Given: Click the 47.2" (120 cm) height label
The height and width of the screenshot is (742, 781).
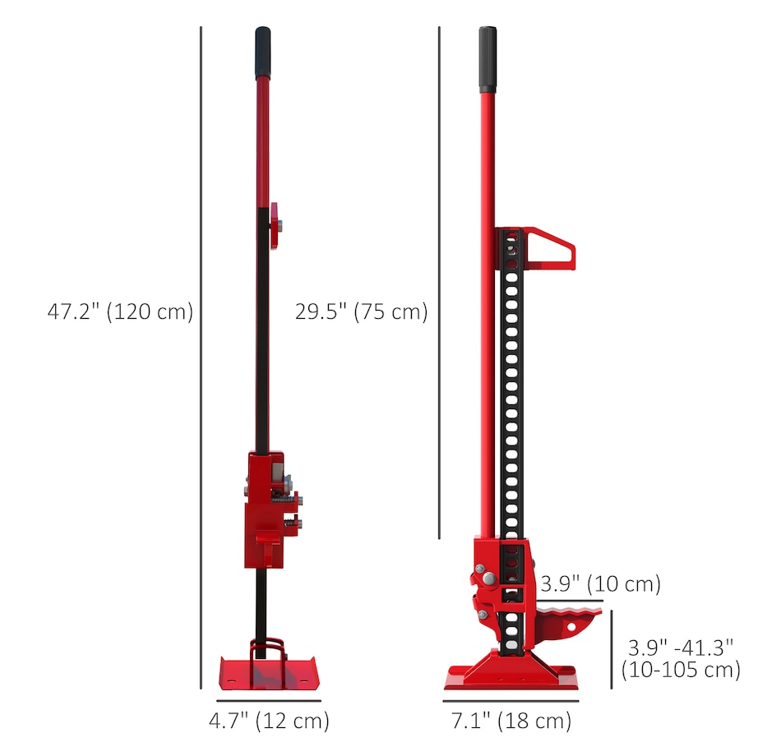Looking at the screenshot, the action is (120, 311).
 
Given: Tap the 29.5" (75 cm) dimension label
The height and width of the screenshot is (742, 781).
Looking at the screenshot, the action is (361, 311).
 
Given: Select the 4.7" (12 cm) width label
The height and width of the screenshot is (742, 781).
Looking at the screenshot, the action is (269, 721).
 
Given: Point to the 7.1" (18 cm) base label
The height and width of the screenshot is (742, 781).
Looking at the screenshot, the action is (511, 721).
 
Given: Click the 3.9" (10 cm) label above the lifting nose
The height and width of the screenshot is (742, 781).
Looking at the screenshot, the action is (600, 583).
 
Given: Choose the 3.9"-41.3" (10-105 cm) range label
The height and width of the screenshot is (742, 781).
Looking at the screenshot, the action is (681, 658).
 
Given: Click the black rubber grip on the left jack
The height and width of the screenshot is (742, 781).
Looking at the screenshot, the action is (263, 53).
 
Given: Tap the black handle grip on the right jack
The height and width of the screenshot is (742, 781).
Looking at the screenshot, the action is (488, 60).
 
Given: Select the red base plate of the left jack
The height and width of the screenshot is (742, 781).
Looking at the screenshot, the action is (269, 673).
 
